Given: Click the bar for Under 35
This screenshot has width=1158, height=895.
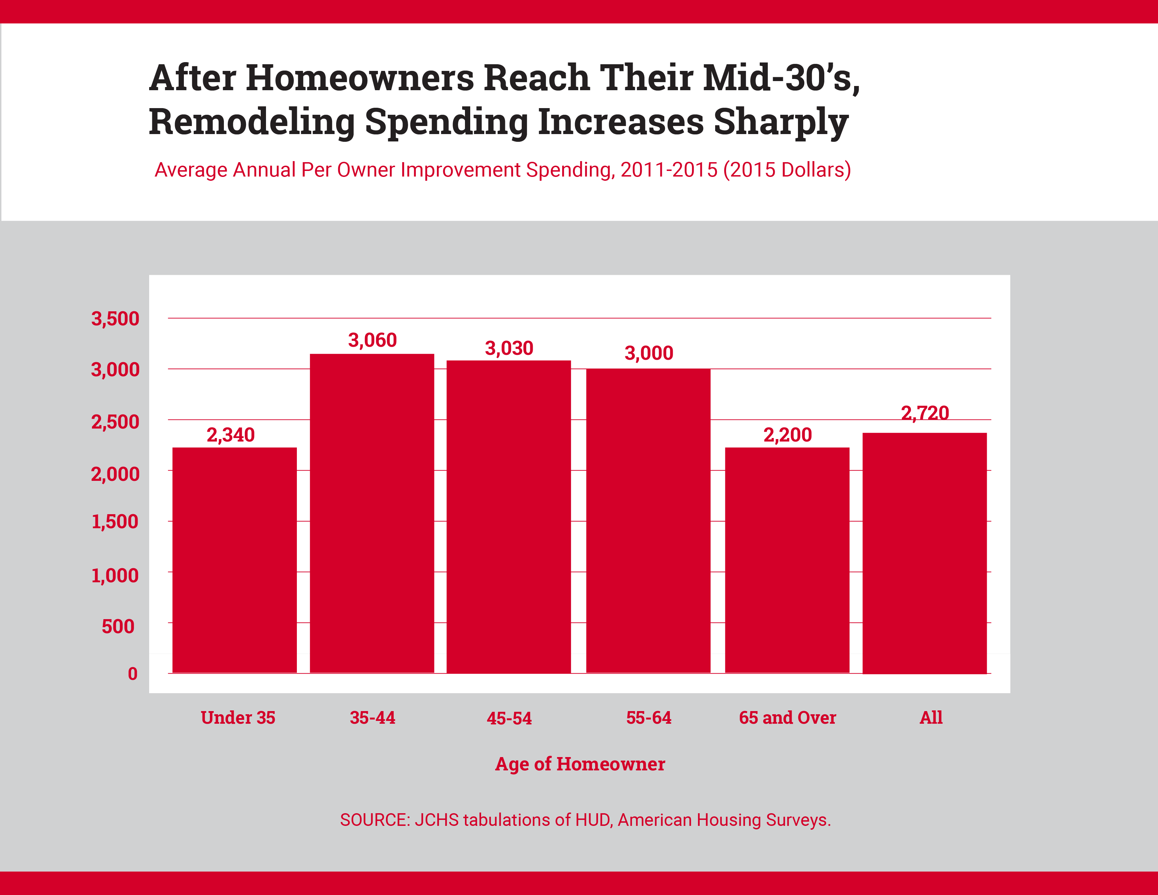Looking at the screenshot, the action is pyautogui.click(x=234, y=561).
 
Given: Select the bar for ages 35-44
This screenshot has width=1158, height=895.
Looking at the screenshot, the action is pyautogui.click(x=372, y=513).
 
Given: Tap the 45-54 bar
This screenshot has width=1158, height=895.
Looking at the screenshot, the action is pyautogui.click(x=508, y=517).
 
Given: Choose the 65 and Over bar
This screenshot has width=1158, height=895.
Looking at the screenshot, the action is pyautogui.click(x=787, y=561).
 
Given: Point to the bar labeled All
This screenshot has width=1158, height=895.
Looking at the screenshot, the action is pyautogui.click(x=924, y=553).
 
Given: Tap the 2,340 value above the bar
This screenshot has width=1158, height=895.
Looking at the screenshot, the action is pyautogui.click(x=231, y=435).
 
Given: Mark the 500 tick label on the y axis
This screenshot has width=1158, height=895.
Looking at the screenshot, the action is pyautogui.click(x=118, y=627).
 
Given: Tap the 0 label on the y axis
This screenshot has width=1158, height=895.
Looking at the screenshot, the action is pyautogui.click(x=133, y=674).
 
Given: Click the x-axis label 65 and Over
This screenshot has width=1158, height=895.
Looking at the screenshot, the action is pyautogui.click(x=787, y=718).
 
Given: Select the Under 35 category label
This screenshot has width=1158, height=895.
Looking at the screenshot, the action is pyautogui.click(x=238, y=718).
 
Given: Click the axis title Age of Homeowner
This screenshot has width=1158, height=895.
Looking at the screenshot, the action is pyautogui.click(x=580, y=764).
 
